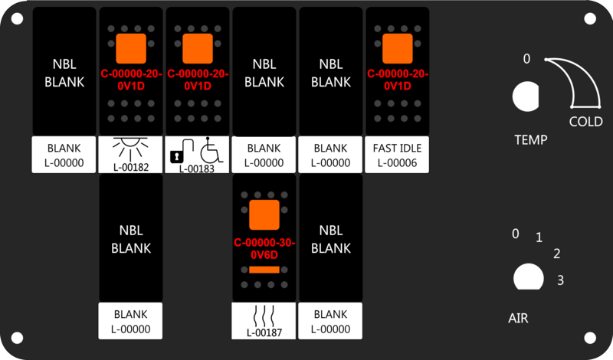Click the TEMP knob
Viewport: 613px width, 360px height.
[x=526, y=97]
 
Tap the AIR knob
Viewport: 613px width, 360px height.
[x=528, y=277]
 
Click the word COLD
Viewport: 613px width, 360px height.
[x=585, y=122]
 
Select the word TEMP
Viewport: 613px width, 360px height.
[x=530, y=139]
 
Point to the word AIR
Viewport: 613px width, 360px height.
[x=518, y=318]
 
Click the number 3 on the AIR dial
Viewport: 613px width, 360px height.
[x=560, y=280]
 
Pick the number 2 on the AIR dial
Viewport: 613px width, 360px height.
[x=557, y=254]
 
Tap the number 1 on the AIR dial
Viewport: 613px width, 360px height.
[x=539, y=237]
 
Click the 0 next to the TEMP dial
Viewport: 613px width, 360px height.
[x=526, y=59]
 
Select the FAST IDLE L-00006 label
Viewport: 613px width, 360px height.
[x=397, y=155]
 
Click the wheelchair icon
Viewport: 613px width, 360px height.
[x=211, y=150]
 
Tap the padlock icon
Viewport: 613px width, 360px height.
[x=177, y=157]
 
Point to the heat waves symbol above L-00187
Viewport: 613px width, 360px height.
[x=264, y=316]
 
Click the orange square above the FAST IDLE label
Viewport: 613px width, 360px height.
[x=397, y=48]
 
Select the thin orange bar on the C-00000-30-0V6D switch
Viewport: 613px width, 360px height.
[x=264, y=270]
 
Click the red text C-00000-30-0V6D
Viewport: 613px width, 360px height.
[x=264, y=249]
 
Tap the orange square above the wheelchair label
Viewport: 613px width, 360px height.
[x=198, y=48]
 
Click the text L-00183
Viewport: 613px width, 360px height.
[x=197, y=169]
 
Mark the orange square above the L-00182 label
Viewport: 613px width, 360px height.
[x=131, y=48]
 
